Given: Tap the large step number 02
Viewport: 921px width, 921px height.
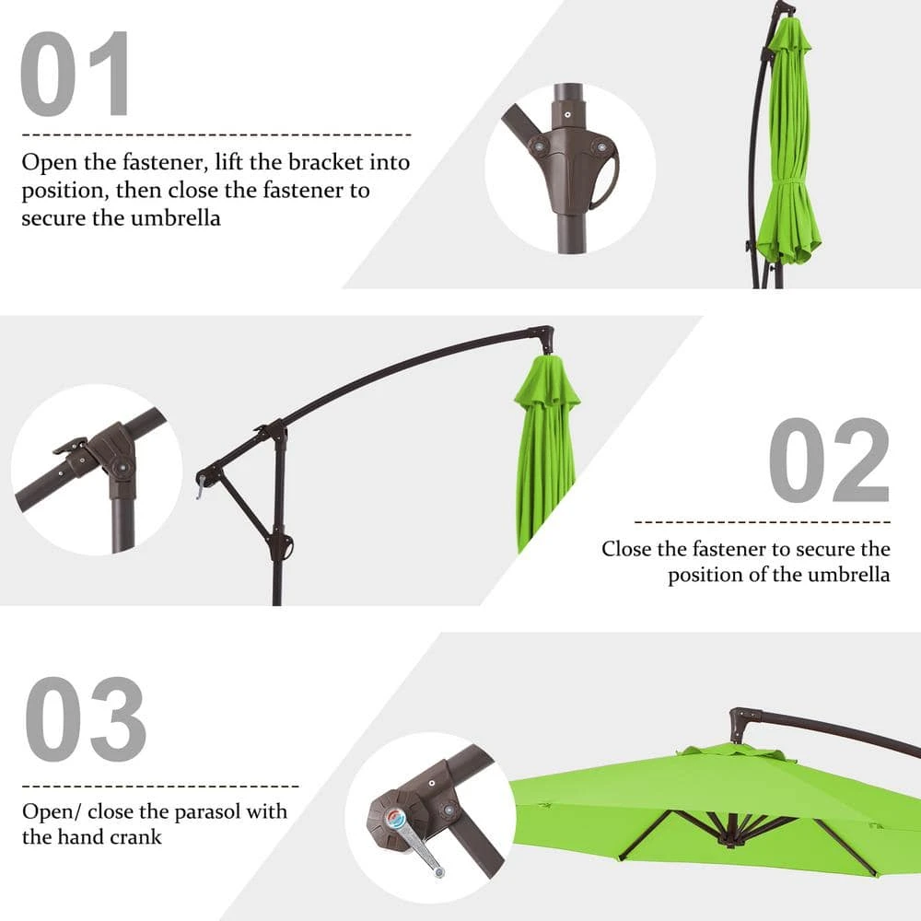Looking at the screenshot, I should click(829, 460).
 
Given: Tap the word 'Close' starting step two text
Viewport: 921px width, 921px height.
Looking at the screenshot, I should click(626, 549).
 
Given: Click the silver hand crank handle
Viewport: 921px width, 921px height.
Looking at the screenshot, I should click(414, 843).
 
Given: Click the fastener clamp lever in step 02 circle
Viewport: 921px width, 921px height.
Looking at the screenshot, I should click(72, 447).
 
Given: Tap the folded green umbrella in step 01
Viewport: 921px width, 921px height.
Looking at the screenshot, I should click(787, 147).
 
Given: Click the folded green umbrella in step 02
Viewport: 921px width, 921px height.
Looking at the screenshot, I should click(545, 451).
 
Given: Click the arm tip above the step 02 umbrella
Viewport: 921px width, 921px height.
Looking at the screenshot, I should click(543, 336).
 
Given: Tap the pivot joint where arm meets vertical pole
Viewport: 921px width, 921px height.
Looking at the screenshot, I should click(274, 431).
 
